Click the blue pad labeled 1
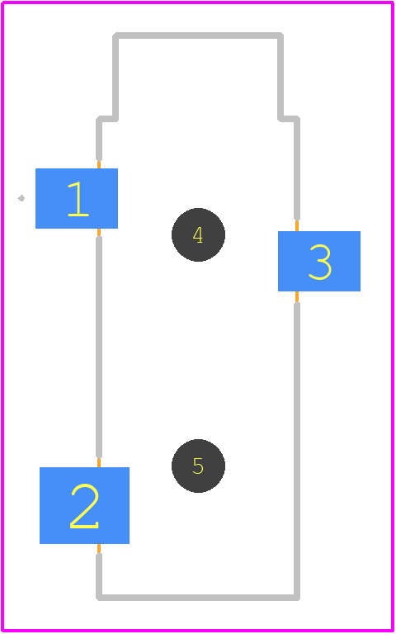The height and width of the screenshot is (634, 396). click(77, 198)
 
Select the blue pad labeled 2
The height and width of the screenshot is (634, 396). click(84, 505)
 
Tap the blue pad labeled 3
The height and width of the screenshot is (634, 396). click(319, 261)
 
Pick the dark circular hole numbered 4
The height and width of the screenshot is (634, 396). click(198, 235)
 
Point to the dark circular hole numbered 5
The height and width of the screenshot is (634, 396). click(198, 466)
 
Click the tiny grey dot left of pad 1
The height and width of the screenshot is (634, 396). click(21, 198)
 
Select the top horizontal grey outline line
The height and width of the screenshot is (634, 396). click(198, 35)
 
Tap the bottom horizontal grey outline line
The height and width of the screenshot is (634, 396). click(198, 598)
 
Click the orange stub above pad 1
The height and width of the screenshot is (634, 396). click(99, 164)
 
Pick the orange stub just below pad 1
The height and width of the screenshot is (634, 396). click(99, 233)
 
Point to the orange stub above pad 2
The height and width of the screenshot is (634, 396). click(99, 462)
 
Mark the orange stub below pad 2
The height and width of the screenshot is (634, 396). click(99, 549)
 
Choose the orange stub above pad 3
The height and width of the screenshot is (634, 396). click(297, 226)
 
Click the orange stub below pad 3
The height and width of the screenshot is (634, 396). click(297, 297)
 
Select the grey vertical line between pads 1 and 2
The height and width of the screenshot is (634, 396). click(99, 347)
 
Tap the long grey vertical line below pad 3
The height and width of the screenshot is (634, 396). click(297, 450)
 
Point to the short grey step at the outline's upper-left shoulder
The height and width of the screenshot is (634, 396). click(107, 119)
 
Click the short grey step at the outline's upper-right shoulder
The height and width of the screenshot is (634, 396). click(289, 119)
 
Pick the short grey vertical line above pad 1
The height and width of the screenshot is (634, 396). click(99, 140)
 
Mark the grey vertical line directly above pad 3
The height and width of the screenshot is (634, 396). click(297, 170)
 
